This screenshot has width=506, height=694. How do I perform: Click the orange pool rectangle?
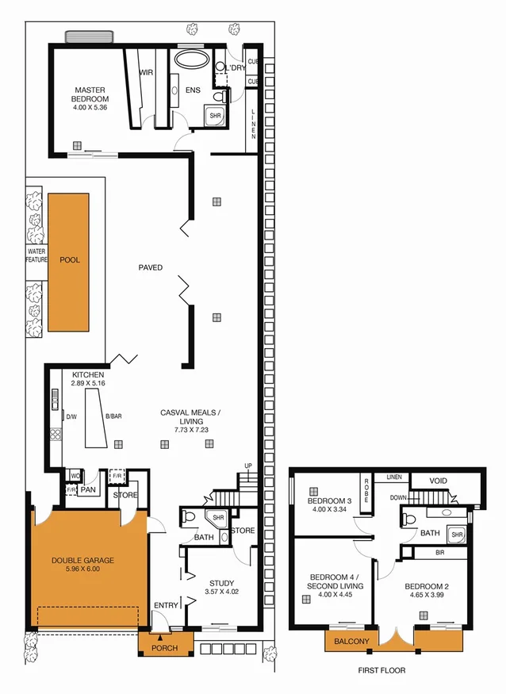[68, 261]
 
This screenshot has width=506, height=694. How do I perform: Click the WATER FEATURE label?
[36, 255]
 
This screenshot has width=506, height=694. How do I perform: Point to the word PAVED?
[149, 268]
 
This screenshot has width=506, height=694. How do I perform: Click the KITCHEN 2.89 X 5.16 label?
[88, 378]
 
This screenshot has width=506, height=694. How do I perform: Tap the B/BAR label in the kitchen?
[113, 416]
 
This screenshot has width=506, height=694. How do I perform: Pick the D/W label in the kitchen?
[71, 416]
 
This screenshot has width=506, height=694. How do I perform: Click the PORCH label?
[166, 648]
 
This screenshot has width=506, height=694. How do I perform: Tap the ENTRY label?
[167, 605]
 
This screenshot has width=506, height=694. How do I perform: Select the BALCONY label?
[351, 641]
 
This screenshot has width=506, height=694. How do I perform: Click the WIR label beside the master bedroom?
[146, 72]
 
